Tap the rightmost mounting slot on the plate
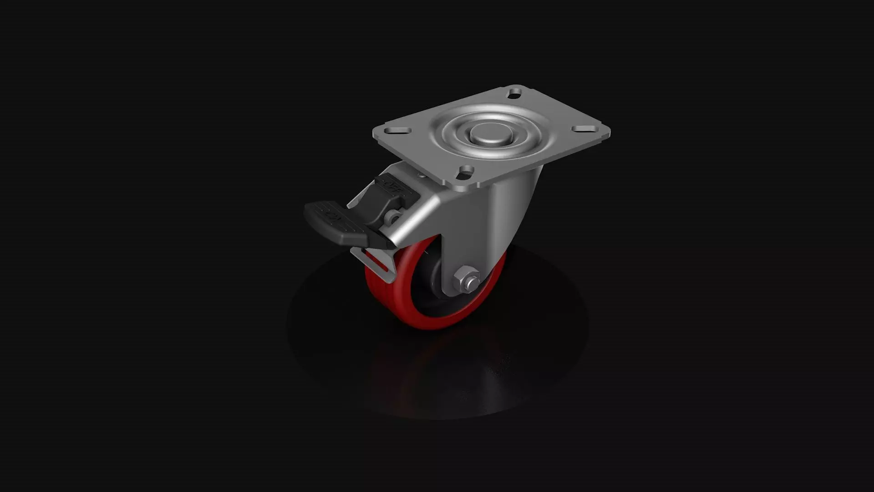(581, 129)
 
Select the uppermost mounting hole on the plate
(515, 93)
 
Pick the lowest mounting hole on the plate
(466, 171)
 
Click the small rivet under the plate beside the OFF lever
(421, 176)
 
